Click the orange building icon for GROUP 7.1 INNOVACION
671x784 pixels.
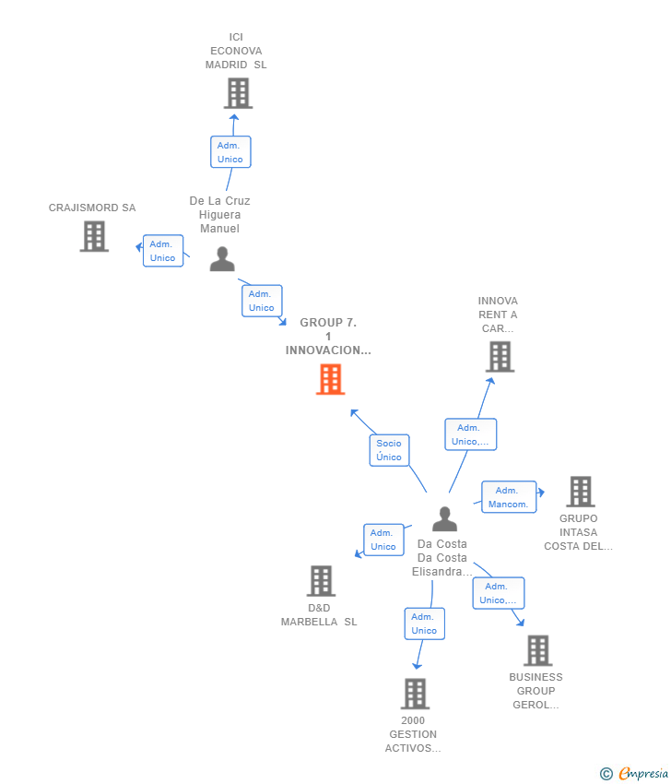pos(330,379)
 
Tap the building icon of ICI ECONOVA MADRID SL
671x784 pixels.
pos(238,93)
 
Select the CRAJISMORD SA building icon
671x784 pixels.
pos(94,236)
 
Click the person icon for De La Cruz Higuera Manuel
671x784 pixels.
pos(222,259)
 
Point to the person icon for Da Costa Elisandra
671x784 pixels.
pos(444,519)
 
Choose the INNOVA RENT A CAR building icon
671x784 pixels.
pos(500,356)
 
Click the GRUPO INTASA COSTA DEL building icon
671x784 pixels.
pos(580,492)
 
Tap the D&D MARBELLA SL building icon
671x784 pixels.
pos(321,581)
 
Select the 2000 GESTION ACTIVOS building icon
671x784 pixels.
pos(415,694)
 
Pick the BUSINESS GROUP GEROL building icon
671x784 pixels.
pos(537,650)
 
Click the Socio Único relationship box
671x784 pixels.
pos(389,450)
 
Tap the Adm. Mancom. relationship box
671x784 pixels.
pos(509,497)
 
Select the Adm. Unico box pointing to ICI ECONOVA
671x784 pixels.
pos(230,152)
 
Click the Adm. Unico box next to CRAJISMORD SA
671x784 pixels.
pos(163,251)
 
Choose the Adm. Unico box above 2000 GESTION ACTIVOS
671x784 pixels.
pos(424,624)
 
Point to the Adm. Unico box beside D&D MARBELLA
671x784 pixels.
pos(383,540)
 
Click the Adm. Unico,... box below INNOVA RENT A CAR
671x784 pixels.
pos(470,434)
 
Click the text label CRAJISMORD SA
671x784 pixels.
pos(92,208)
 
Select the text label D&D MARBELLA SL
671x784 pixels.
pos(319,615)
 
